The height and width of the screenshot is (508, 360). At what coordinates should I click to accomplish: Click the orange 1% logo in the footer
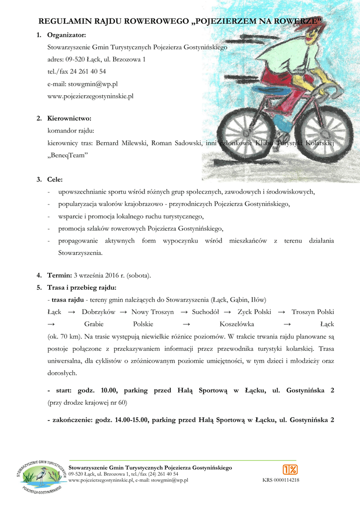(290, 469)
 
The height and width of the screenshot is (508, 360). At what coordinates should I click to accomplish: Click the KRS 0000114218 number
(281, 480)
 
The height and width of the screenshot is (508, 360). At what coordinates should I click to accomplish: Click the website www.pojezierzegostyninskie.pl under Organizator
(90, 96)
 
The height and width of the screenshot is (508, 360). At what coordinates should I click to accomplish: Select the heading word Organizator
(67, 35)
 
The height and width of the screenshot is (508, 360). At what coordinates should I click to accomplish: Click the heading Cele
(55, 179)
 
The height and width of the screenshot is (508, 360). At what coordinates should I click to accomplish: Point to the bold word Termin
(60, 275)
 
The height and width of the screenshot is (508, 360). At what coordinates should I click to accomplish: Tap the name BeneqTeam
(68, 155)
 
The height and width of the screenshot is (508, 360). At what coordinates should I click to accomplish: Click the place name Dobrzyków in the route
(98, 312)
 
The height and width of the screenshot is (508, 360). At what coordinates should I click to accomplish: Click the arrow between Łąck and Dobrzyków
(72, 312)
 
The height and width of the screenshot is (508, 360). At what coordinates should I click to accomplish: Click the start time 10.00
(109, 390)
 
